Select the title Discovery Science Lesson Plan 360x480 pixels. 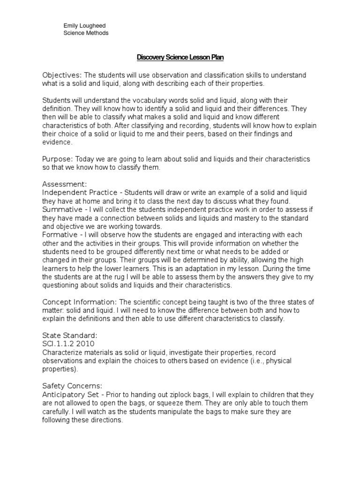pos(180,58)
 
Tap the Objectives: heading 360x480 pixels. pos(62,75)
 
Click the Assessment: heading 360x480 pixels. pos(65,184)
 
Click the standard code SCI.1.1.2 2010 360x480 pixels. pos(68,343)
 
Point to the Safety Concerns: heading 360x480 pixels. pos(72,386)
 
